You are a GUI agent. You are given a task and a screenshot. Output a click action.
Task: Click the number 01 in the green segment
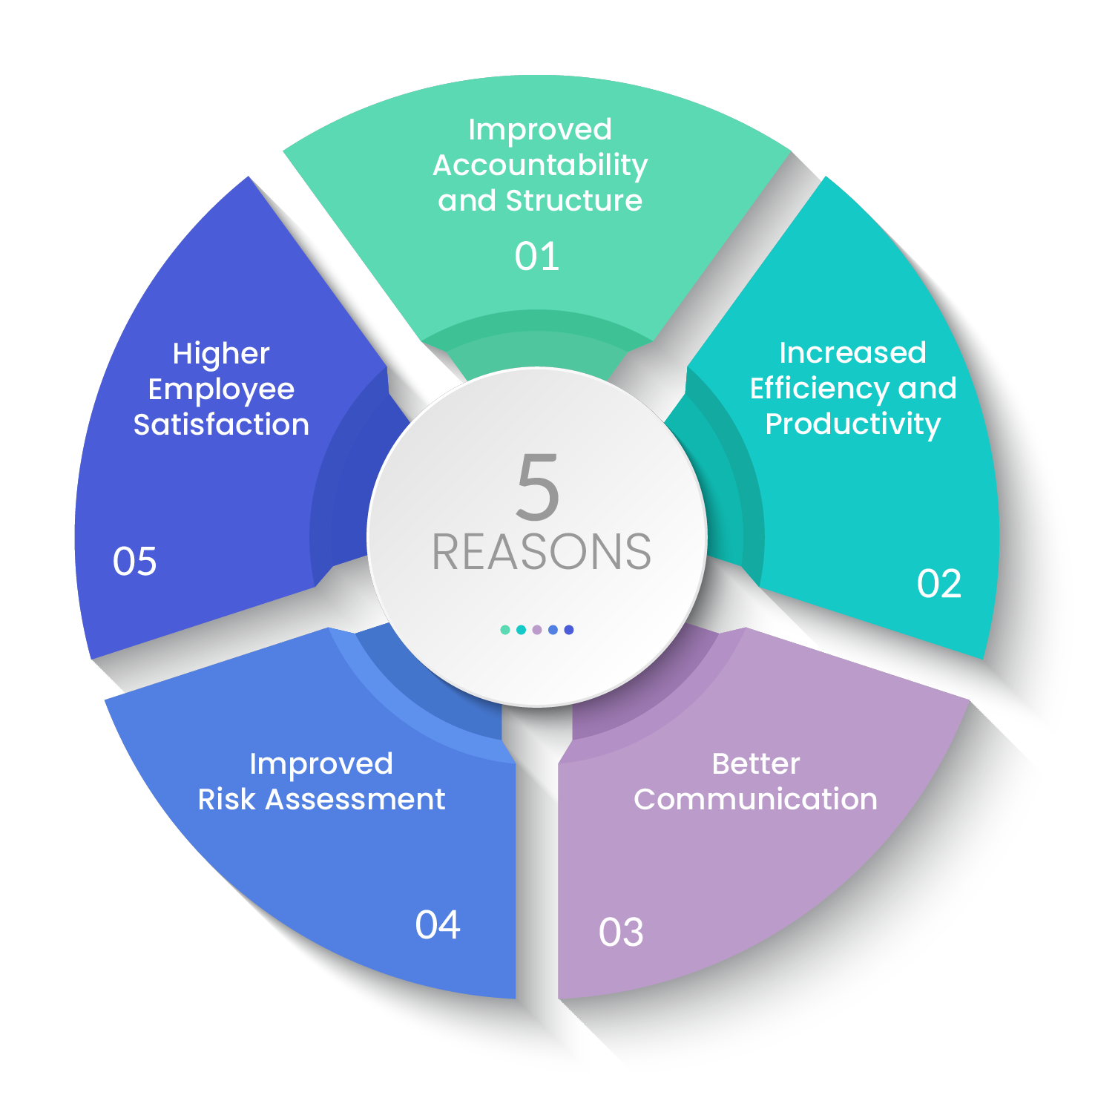click(x=536, y=257)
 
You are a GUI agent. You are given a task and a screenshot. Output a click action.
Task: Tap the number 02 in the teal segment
click(x=938, y=584)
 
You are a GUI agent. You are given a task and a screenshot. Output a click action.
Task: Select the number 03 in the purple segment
click(x=621, y=933)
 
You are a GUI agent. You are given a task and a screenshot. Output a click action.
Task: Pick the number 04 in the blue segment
click(x=438, y=925)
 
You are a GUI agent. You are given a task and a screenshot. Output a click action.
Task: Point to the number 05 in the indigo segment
click(x=134, y=561)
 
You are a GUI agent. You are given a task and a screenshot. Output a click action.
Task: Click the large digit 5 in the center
click(x=538, y=487)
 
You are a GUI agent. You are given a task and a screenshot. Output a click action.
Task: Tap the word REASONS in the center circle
click(x=542, y=553)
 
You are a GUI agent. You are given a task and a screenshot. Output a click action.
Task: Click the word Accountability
click(x=540, y=165)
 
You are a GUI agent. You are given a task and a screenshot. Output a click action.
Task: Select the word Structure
click(x=574, y=200)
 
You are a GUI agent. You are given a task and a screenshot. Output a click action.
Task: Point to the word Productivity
click(x=852, y=424)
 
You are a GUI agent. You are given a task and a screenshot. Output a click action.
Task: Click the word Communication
click(x=755, y=799)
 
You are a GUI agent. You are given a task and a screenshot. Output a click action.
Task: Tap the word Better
click(x=756, y=763)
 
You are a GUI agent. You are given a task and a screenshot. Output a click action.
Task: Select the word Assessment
click(x=355, y=799)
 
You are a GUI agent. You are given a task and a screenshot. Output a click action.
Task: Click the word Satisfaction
click(x=221, y=424)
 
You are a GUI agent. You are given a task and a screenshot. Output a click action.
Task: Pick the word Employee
click(x=221, y=389)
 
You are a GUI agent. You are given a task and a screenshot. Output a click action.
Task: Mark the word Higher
click(x=221, y=354)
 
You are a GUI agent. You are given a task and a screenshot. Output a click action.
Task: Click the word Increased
click(x=852, y=353)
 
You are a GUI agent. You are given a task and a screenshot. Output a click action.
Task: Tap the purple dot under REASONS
click(x=537, y=630)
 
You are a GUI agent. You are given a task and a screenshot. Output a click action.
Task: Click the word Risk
click(x=226, y=799)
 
